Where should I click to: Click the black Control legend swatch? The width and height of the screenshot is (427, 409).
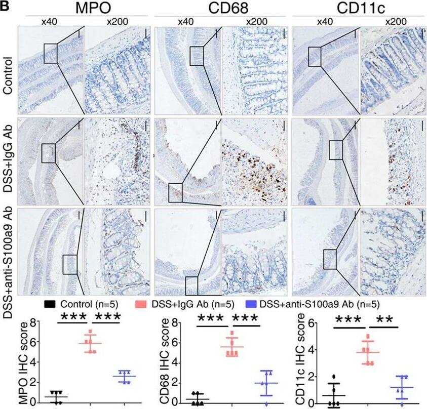pyautogui.click(x=50, y=304)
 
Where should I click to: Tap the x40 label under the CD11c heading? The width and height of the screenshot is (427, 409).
pyautogui.click(x=321, y=22)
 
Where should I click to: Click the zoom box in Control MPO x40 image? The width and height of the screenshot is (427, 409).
pyautogui.click(x=51, y=53)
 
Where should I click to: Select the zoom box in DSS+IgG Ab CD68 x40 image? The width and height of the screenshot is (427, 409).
pyautogui.click(x=175, y=191)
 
